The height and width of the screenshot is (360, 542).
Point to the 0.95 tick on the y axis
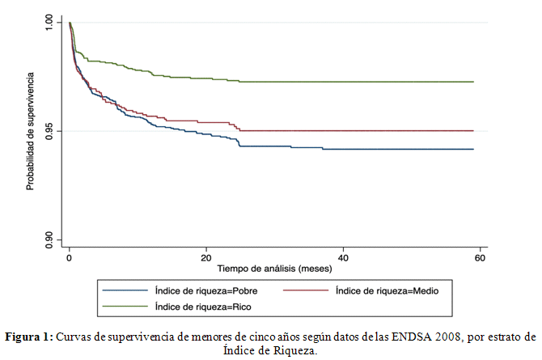[x=48, y=130]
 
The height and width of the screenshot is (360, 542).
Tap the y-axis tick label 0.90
[x=48, y=238]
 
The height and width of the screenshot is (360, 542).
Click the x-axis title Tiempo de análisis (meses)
[x=275, y=267]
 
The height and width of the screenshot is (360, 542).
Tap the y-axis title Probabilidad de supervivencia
[x=30, y=129]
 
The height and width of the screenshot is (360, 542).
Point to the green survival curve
[x=324, y=82]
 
